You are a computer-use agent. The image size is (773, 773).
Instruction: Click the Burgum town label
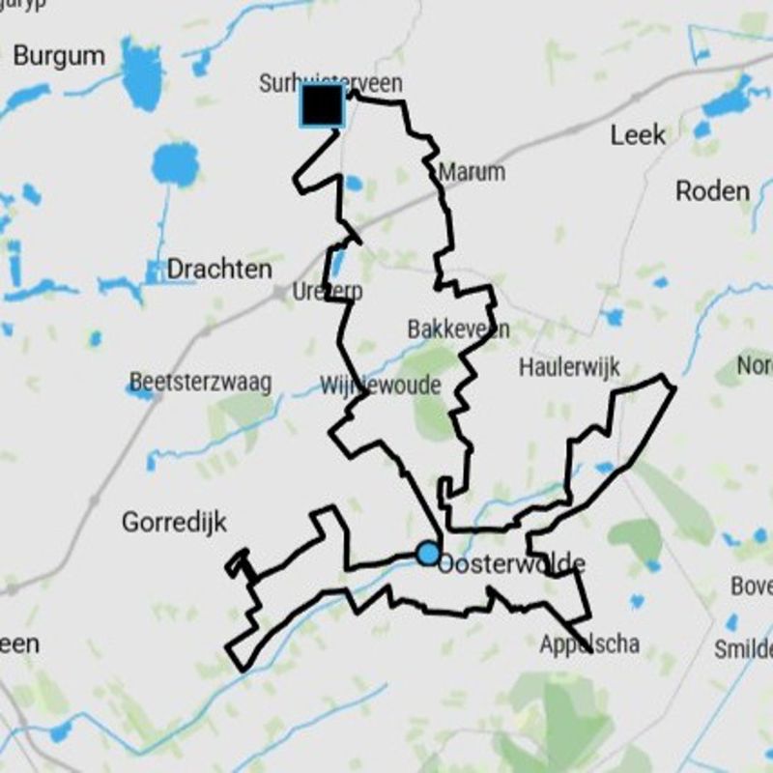[x=59, y=56]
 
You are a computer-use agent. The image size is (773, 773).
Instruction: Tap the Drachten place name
[x=219, y=269]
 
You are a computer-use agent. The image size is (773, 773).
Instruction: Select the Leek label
[x=638, y=135]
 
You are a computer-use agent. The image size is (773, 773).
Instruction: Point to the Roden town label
[x=712, y=191]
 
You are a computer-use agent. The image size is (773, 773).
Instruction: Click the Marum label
[x=472, y=173]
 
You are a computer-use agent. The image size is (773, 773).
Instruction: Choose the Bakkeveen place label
[x=458, y=329]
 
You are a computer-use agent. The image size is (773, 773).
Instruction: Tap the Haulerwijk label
[x=569, y=367]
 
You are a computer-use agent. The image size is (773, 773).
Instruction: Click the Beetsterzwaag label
[x=200, y=383]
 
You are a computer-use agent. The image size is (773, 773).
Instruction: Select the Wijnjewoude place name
[x=380, y=386]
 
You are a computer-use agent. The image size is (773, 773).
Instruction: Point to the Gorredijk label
[x=174, y=523]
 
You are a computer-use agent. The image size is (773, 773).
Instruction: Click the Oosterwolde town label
[x=512, y=563]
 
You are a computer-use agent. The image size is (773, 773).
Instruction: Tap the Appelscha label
[x=589, y=644]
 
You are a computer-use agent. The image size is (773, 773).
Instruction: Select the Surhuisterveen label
[x=330, y=84]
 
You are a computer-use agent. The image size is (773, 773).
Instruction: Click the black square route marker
[x=322, y=105]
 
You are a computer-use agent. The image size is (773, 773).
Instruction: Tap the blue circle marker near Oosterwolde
[x=428, y=554]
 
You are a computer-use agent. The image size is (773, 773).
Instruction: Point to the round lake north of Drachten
[x=175, y=162]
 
